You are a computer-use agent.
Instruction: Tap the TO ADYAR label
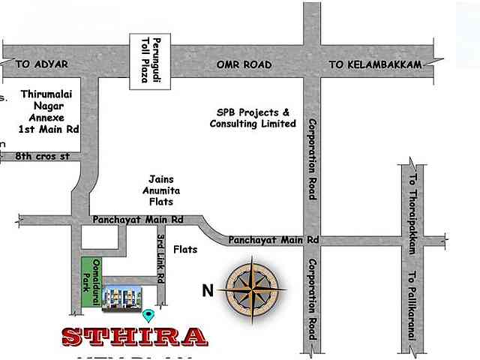point(41,65)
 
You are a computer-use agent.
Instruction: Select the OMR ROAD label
point(244,65)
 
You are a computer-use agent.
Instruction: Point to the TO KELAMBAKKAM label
point(375,65)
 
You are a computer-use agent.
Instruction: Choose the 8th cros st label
point(43,156)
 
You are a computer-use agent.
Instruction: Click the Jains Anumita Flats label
point(162,190)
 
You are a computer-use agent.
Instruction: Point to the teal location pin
point(148,316)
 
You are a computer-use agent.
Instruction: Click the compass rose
point(256,287)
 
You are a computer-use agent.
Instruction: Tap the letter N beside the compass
point(208,290)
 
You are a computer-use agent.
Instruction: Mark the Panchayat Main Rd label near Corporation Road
point(274,240)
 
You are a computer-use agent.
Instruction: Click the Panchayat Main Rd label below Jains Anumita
point(138,220)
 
